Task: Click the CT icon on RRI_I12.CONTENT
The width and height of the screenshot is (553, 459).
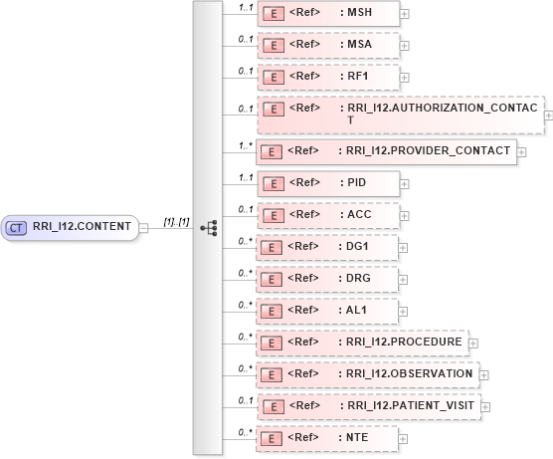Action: (x=17, y=227)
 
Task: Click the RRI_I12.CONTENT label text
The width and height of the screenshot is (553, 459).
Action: (x=82, y=227)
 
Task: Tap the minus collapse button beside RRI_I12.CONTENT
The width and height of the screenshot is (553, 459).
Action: (x=144, y=227)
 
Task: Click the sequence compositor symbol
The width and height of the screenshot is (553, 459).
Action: (x=208, y=227)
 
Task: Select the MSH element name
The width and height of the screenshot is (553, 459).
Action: (x=354, y=12)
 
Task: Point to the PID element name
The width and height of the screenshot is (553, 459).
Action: (x=353, y=182)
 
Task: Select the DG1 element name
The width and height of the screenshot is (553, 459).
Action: (x=354, y=247)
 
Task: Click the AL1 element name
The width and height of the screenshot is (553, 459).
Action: (x=353, y=310)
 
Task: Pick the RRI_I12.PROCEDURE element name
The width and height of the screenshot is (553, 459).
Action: (x=404, y=342)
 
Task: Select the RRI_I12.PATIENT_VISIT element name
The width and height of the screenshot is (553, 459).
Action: (x=409, y=405)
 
